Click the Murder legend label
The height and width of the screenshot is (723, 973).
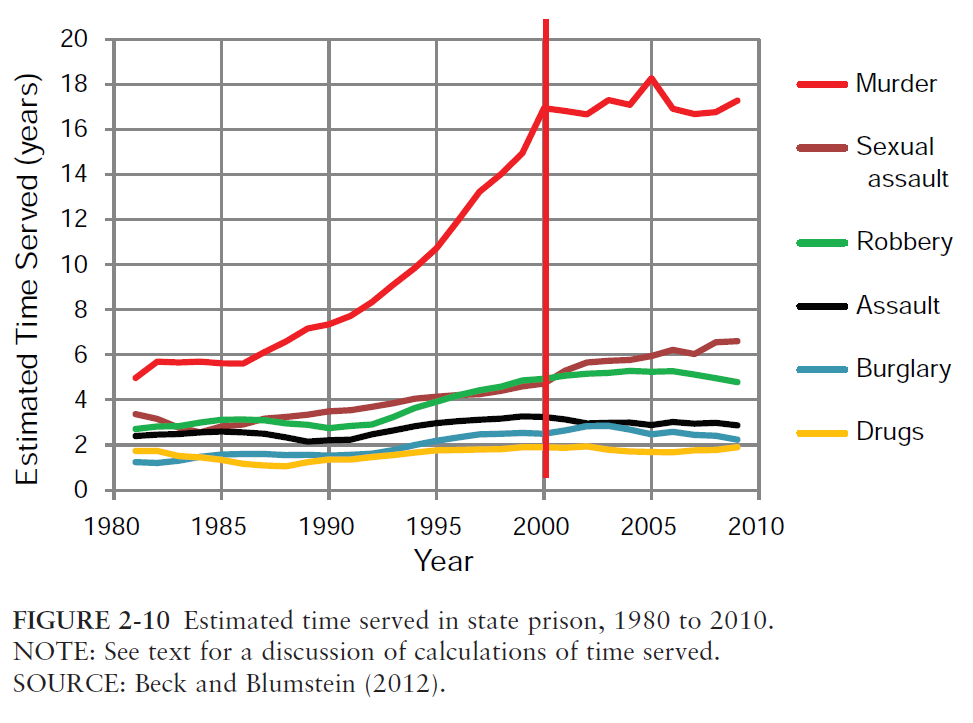click(896, 84)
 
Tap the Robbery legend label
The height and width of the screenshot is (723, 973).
click(904, 242)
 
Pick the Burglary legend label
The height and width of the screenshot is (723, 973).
click(903, 369)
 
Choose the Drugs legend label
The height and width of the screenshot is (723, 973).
click(889, 432)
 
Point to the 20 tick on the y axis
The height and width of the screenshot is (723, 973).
click(75, 39)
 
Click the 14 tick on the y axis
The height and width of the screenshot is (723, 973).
click(75, 174)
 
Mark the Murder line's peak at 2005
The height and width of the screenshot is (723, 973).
click(651, 78)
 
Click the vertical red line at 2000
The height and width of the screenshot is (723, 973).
click(545, 250)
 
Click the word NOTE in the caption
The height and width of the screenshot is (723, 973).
click(43, 652)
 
